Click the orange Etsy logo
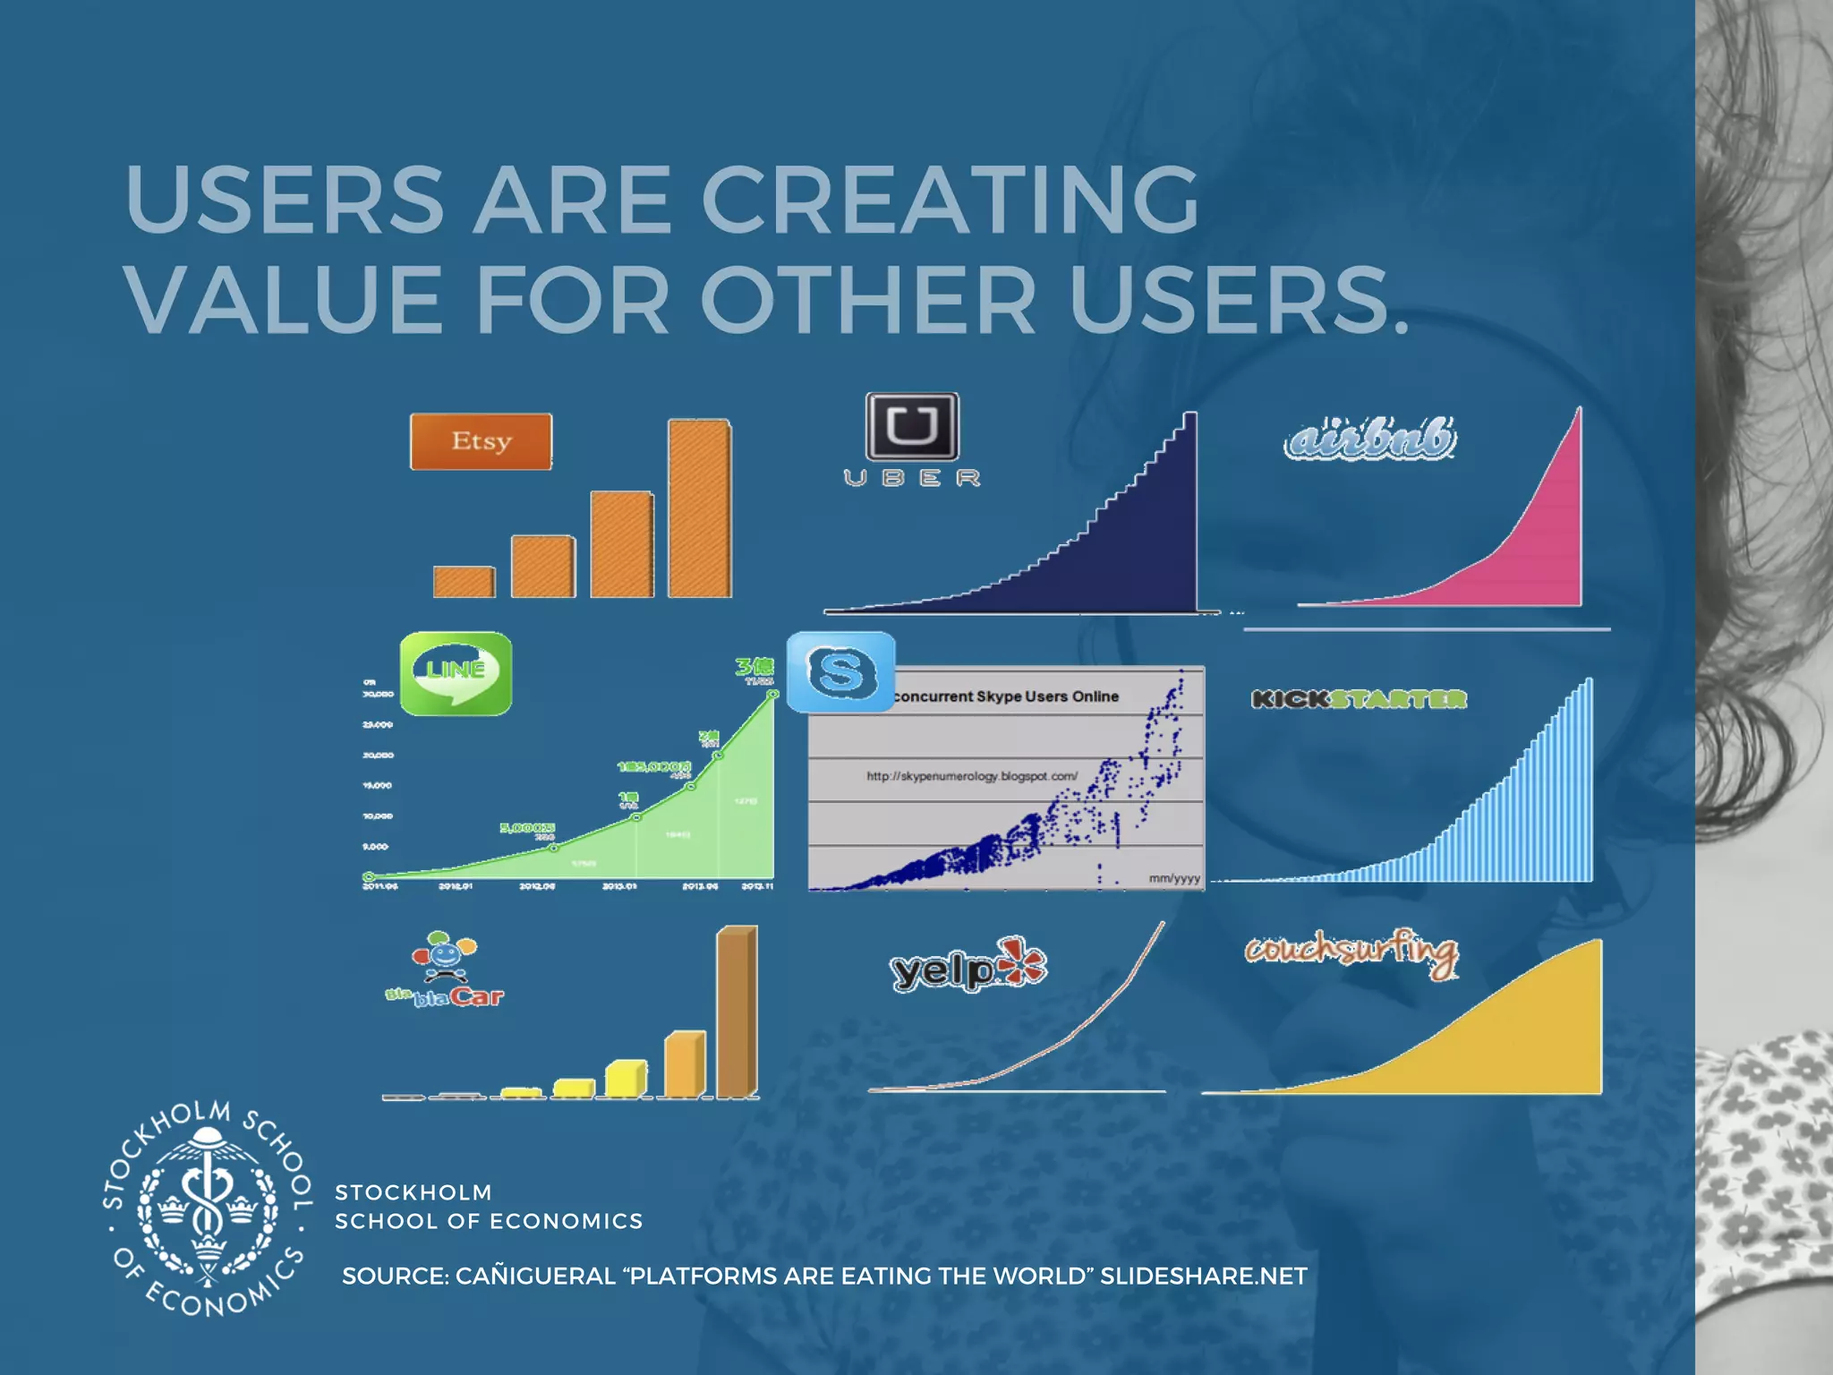tap(481, 441)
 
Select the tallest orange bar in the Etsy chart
tap(699, 508)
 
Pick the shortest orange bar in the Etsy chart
tap(464, 582)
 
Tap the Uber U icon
tap(912, 426)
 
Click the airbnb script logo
tap(1369, 440)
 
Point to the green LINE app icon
tap(456, 673)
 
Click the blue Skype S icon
tap(840, 671)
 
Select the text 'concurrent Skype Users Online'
tap(1006, 696)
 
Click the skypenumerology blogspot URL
tap(972, 776)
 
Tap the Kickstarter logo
tap(1359, 699)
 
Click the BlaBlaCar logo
tap(445, 971)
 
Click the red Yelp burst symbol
tap(1022, 963)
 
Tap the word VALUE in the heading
tap(284, 300)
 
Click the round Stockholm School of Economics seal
tap(208, 1208)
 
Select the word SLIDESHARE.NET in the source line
tap(1204, 1276)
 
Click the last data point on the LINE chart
tap(773, 694)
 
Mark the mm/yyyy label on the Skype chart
tap(1174, 878)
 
